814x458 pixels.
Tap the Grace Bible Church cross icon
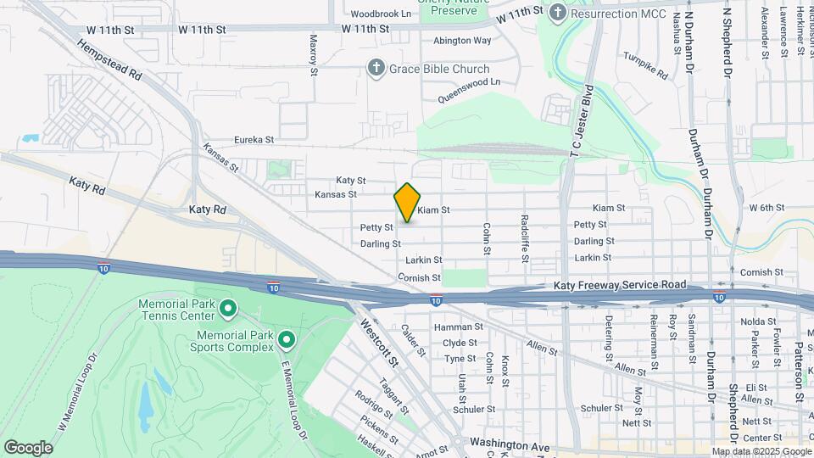click(376, 69)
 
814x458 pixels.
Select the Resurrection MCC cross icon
click(557, 13)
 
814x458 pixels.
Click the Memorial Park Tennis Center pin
click(227, 308)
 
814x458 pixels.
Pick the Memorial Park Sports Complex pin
click(287, 341)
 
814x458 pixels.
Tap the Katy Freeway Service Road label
click(619, 287)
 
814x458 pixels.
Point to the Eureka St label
click(254, 140)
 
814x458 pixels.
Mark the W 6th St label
click(767, 208)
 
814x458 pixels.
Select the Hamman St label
click(458, 327)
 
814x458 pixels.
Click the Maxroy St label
click(313, 54)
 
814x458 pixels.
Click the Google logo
click(28, 447)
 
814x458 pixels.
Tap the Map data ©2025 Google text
click(761, 451)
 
